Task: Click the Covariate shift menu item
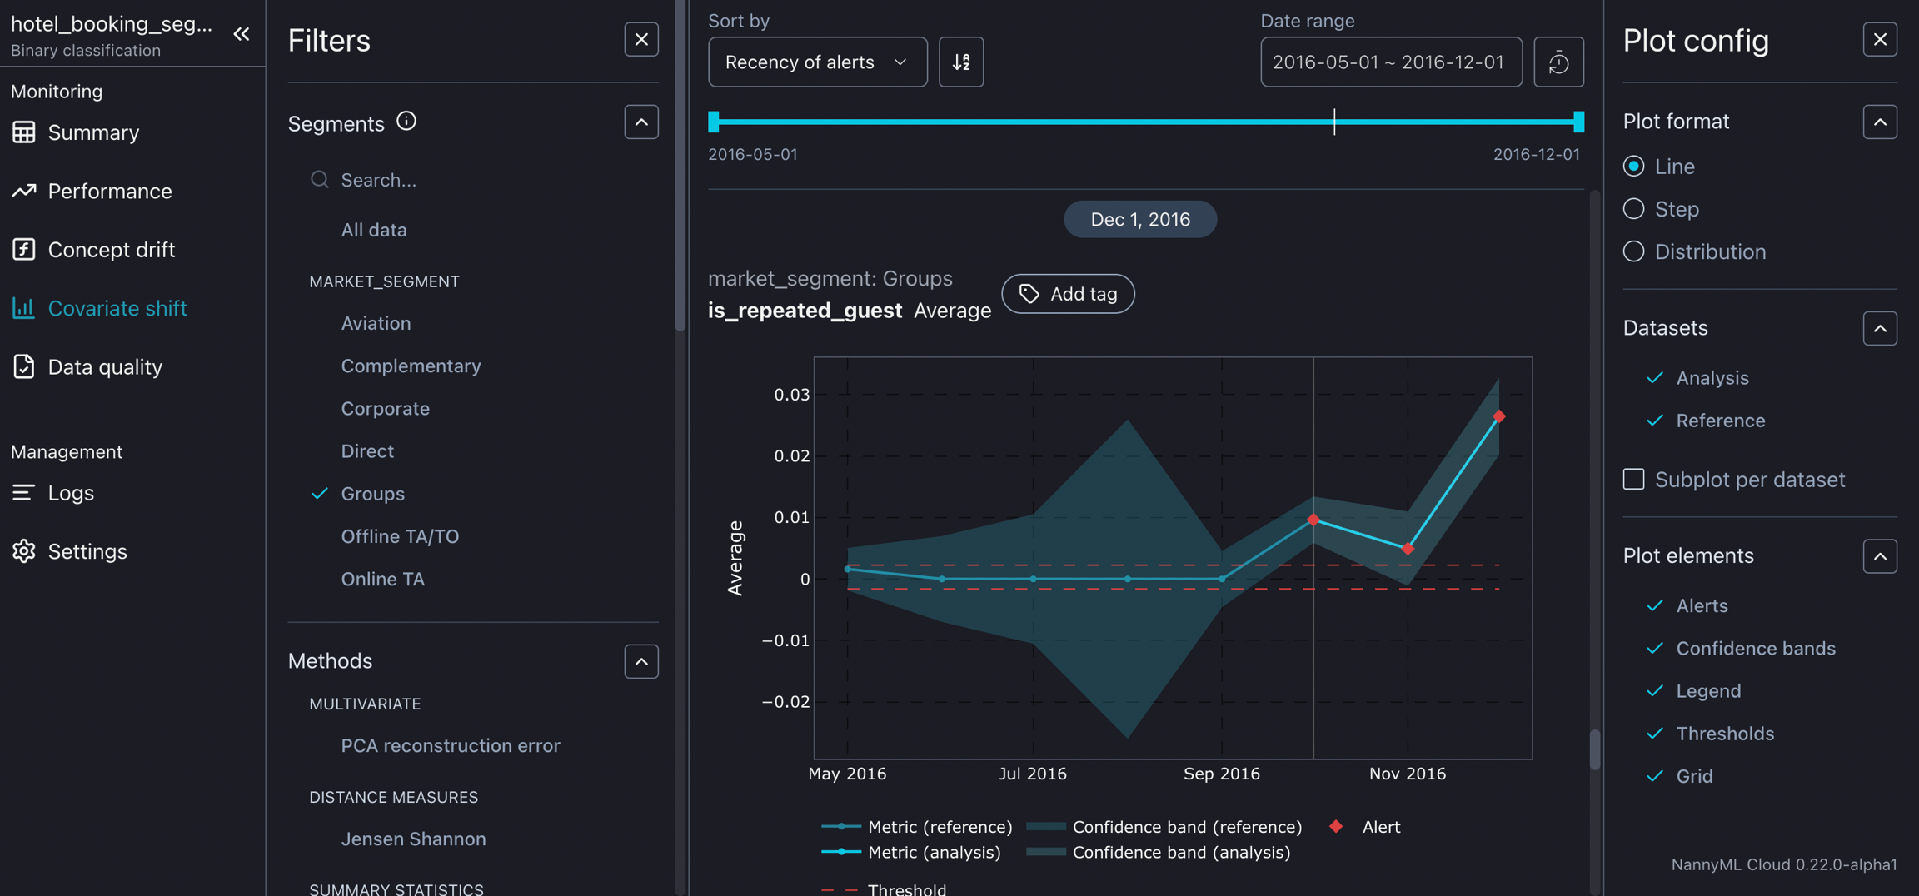[117, 308]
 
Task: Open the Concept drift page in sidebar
[111, 250]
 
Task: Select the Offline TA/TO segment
[400, 536]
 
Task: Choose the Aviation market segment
[376, 323]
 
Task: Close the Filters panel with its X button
[641, 40]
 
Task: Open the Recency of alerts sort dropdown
[817, 62]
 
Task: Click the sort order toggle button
[961, 62]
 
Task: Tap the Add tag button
[1068, 294]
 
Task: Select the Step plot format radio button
[1634, 209]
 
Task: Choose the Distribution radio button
[1634, 251]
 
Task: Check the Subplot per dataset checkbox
[1634, 480]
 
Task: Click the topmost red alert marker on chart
[1498, 416]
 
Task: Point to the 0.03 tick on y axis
[791, 395]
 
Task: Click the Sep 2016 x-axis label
[1221, 774]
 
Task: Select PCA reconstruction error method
[450, 745]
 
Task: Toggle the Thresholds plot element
[1724, 734]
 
